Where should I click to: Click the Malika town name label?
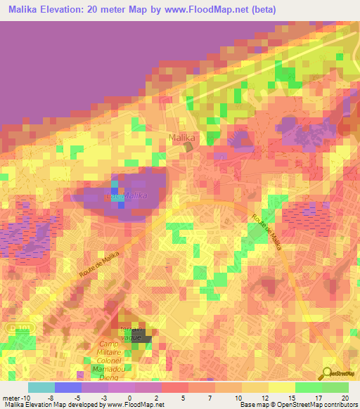tap(181, 137)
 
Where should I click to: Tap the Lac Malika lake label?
tap(127, 195)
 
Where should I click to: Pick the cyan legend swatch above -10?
tap(41, 387)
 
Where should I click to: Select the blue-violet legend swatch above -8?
tap(67, 387)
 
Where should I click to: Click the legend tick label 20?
tap(345, 398)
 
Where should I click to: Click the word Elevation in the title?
tap(65, 10)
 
